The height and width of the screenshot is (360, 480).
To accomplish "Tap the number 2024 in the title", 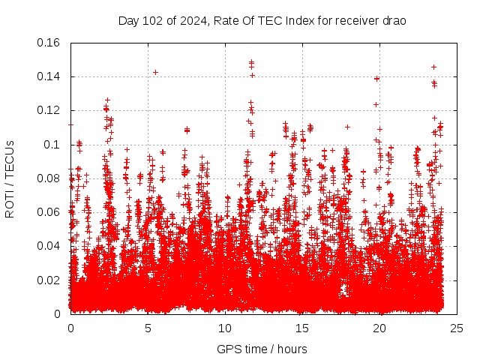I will [x=189, y=20].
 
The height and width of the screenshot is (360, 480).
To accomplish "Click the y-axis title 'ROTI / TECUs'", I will [x=10, y=178].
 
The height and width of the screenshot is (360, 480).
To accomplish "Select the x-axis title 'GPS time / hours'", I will [x=262, y=349].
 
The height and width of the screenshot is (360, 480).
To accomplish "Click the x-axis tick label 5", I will [x=148, y=328].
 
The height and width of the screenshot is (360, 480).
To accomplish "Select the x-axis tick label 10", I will [x=225, y=328].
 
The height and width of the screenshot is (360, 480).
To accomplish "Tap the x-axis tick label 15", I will [x=302, y=328].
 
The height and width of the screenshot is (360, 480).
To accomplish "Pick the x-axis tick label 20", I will [x=379, y=328].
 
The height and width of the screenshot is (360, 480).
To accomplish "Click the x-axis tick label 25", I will [x=457, y=328].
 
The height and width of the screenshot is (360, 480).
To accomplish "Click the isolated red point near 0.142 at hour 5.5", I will [x=155, y=72].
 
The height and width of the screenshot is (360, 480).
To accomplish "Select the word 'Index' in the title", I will [x=304, y=20].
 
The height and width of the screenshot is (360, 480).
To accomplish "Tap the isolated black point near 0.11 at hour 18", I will [x=347, y=127].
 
